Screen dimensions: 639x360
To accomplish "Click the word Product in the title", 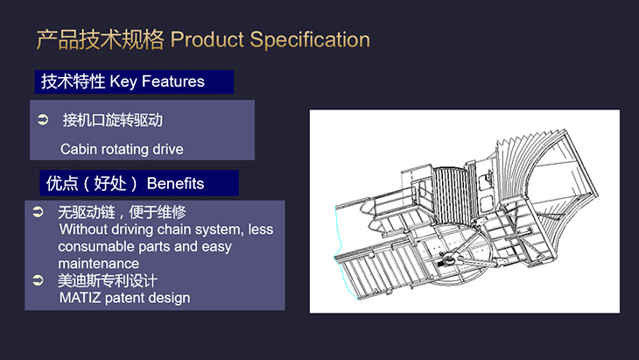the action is pyautogui.click(x=207, y=39).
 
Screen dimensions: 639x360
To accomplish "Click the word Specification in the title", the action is pyautogui.click(x=310, y=40).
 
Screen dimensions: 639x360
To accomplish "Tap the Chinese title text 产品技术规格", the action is pyautogui.click(x=101, y=39).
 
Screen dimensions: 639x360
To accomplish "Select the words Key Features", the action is pyautogui.click(x=157, y=81).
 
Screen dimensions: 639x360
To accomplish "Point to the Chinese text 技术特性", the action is pyautogui.click(x=73, y=81).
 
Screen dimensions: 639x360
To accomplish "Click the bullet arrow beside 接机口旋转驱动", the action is pyautogui.click(x=43, y=119).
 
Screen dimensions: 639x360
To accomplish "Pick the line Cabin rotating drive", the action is pyautogui.click(x=122, y=149).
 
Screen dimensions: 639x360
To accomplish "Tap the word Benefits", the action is pyautogui.click(x=175, y=183).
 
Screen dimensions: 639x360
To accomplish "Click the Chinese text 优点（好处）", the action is pyautogui.click(x=92, y=183).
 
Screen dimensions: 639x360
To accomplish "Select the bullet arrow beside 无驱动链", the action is pyautogui.click(x=38, y=211).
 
